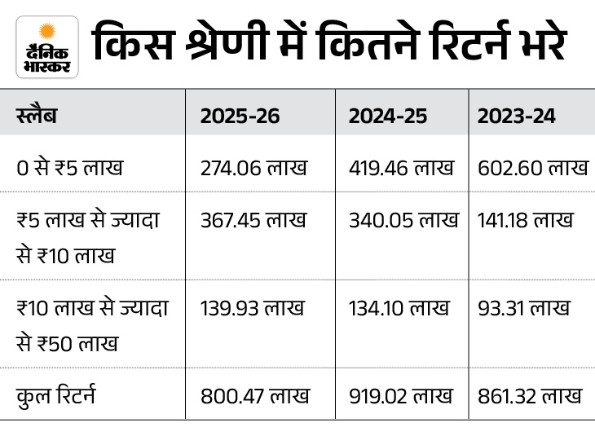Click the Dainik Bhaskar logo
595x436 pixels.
[x=46, y=46]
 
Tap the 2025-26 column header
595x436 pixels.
[x=240, y=116]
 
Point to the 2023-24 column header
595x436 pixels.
[x=517, y=116]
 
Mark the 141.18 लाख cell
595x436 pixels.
[x=526, y=220]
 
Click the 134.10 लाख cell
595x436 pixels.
[x=399, y=308]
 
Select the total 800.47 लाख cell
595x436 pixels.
[x=255, y=397]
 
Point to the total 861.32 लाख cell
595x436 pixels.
[x=530, y=397]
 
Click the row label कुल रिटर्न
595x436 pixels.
[x=56, y=397]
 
